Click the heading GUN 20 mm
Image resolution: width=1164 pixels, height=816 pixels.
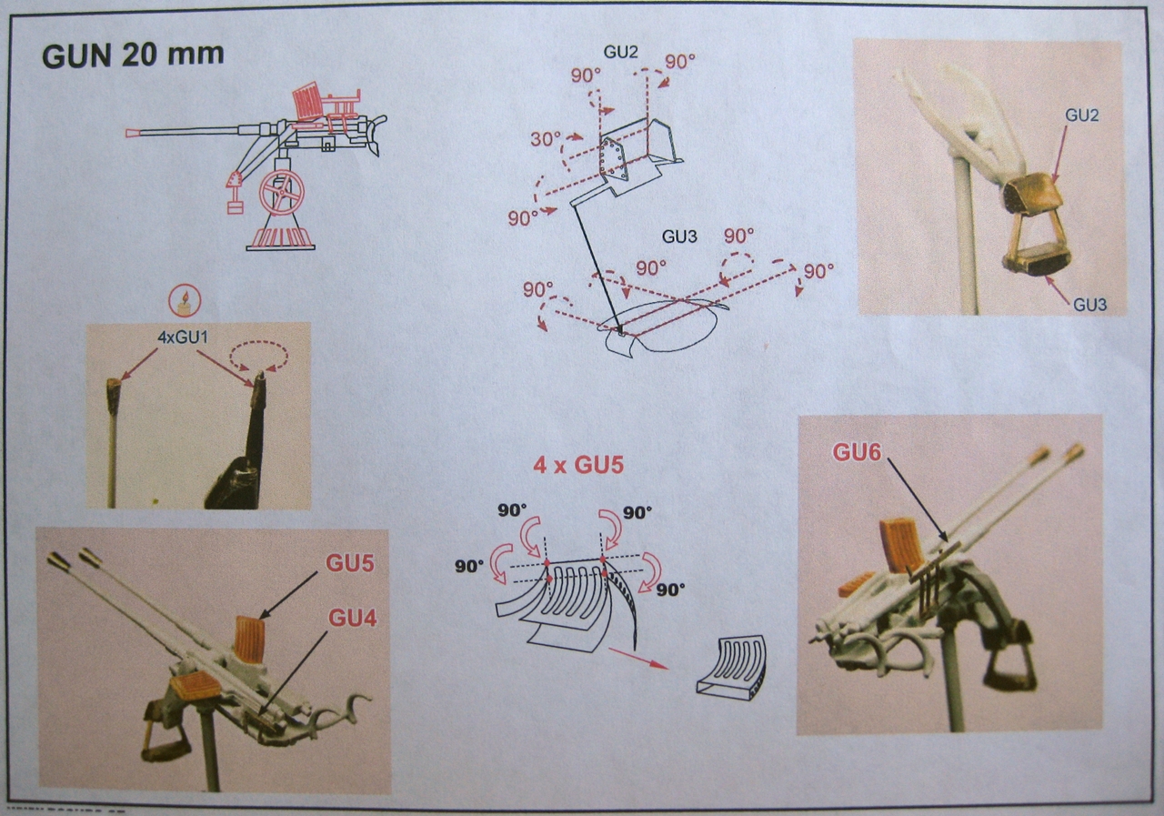(x=133, y=55)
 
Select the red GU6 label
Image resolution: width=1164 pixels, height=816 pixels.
(x=857, y=451)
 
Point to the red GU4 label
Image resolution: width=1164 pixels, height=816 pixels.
(x=352, y=620)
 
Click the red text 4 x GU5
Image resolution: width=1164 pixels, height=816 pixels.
(x=578, y=466)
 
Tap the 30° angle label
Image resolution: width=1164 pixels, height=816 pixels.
(x=546, y=138)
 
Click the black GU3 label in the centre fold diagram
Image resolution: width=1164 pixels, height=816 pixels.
(x=678, y=237)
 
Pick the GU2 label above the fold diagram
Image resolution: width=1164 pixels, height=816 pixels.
(x=620, y=50)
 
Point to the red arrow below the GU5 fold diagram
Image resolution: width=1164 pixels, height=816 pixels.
(x=637, y=659)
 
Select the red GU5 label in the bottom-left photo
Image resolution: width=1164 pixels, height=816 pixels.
(x=350, y=563)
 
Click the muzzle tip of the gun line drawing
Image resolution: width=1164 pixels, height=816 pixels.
(x=131, y=133)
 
